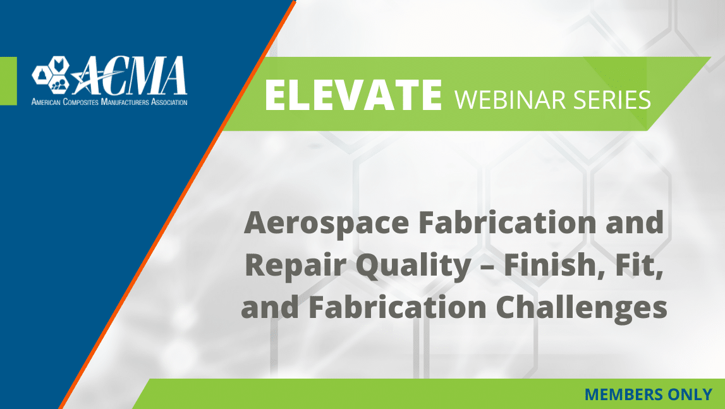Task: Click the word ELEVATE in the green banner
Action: [x=353, y=95]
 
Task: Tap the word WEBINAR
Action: [x=510, y=99]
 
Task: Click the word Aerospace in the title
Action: [x=326, y=224]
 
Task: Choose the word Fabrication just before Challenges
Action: [x=397, y=307]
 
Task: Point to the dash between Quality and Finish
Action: [x=487, y=267]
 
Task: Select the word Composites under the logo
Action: [x=80, y=102]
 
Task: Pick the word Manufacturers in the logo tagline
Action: [x=125, y=102]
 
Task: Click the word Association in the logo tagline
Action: [x=169, y=102]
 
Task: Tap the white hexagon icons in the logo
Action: [x=51, y=74]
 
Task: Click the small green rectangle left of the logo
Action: [x=8, y=81]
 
